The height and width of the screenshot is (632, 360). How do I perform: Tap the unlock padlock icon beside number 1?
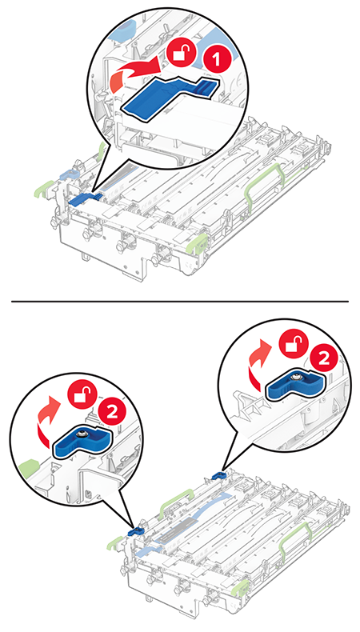point(182,50)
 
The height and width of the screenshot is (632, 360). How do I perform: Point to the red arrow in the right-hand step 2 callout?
point(258,365)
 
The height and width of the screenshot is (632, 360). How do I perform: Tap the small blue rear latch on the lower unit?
point(218,476)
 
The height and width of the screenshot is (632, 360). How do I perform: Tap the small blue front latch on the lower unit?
point(136,531)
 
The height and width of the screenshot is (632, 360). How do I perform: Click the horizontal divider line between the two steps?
point(180,301)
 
